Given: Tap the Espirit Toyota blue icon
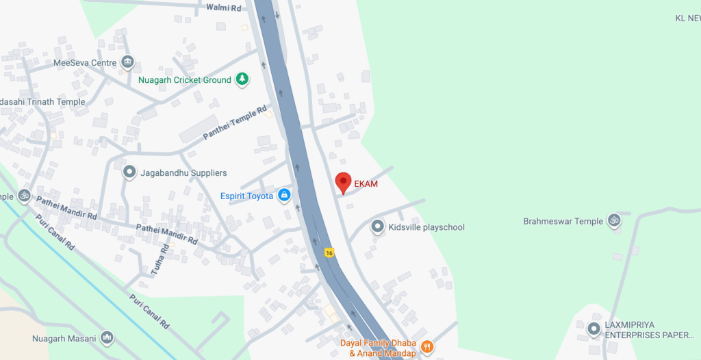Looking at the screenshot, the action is coord(284,196).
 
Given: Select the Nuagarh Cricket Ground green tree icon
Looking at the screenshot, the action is coord(242,80).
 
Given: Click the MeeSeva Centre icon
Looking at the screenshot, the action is coord(127,63).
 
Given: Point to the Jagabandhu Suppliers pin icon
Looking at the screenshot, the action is coord(129,172).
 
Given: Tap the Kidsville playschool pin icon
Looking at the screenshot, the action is coord(377,227).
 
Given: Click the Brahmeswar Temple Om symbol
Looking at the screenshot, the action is coord(614,221).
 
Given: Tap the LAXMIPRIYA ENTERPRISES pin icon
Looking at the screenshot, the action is coord(594,330).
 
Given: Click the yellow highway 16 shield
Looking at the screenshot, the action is coord(329,253).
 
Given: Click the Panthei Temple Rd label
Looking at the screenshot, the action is coord(234,124).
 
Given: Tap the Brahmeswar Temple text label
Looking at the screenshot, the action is coord(563,221).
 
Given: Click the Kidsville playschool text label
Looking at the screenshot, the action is coord(426,227).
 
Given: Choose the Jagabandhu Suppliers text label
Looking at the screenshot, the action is coord(183,172).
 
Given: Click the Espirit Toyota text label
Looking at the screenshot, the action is coord(246,196).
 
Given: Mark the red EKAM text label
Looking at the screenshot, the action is coord(366,183).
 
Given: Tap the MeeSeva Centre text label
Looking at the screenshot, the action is coord(85,63).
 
